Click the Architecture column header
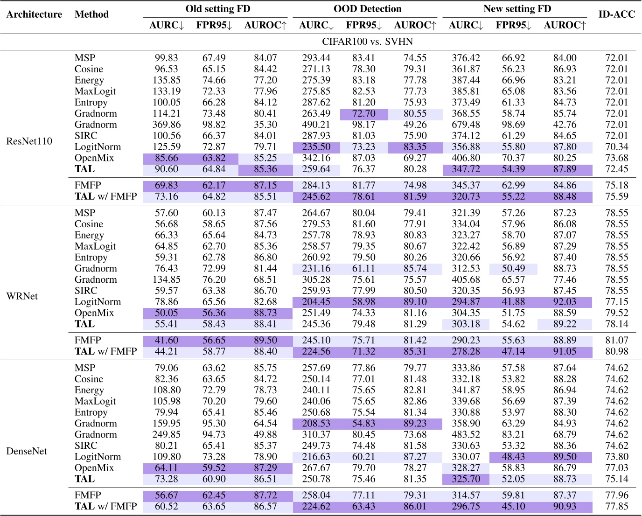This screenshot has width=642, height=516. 34,14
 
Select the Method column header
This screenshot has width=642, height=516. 91,14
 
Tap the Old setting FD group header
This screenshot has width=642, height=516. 217,9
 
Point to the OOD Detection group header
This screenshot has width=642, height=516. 367,9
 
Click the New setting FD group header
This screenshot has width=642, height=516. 517,9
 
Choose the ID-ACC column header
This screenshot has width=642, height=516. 616,14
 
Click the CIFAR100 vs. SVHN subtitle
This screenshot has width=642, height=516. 367,42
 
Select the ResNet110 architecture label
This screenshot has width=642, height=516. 29,141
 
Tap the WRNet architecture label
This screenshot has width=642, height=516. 22,296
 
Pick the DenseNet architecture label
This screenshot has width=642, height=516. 27,451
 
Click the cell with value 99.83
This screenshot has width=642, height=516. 166,58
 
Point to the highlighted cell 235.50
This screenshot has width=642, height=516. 316,147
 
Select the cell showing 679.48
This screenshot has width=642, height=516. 466,125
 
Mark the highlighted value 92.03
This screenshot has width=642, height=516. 565,302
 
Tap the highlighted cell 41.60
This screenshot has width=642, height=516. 166,341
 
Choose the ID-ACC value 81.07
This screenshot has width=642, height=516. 616,341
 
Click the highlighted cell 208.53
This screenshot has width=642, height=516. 316,424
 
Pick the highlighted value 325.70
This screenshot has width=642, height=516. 466,479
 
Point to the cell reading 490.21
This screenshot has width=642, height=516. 316,125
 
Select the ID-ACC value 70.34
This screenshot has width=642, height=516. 616,147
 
